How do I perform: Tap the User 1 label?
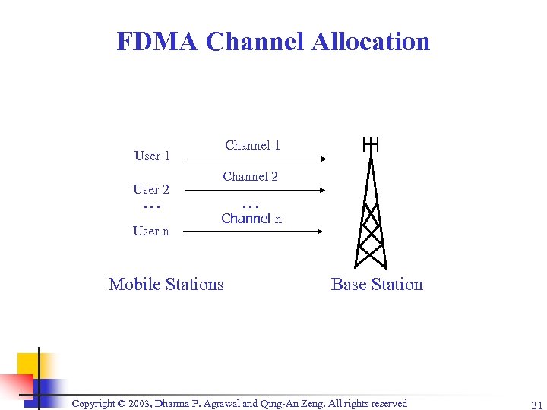coord(152,156)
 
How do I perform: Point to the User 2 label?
coord(151,189)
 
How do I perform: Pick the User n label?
coord(151,231)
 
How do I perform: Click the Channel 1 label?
coord(252,145)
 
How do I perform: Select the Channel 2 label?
coord(251,176)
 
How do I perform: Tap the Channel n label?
coord(251,219)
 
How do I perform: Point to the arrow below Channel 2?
coord(255,191)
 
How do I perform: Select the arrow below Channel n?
coord(255,232)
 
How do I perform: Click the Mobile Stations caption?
coord(166,285)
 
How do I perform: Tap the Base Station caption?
coord(377,285)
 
